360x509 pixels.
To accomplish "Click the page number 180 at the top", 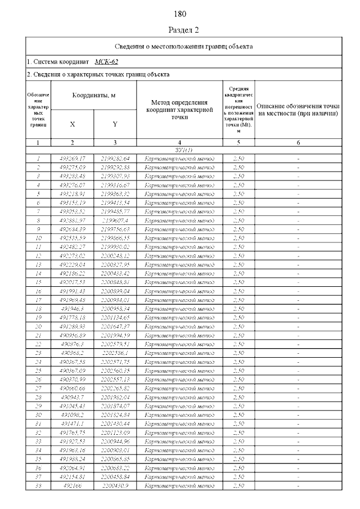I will click(180, 13).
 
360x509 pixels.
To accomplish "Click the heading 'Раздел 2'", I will click(180, 29).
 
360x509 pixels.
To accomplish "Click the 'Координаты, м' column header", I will click(93, 96).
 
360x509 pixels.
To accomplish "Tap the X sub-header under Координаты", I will click(72, 124).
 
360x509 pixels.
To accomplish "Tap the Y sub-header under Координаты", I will click(115, 124).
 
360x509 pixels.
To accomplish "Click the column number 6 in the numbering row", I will click(298, 143).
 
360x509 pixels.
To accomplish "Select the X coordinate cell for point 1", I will click(72, 159).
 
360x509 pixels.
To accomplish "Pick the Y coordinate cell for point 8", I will click(115, 220).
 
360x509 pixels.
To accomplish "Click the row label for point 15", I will click(38, 282).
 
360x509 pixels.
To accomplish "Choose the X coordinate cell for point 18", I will click(72, 308).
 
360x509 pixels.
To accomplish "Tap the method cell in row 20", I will click(179, 326).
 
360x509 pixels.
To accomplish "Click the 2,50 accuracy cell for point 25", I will click(238, 371).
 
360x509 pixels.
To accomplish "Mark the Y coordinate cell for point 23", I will click(115, 353).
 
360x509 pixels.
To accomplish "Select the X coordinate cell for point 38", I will click(72, 485).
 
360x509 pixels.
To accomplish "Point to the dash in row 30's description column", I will click(298, 415).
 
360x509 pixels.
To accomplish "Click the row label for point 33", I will click(38, 441).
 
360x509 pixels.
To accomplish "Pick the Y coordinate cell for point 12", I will click(115, 255).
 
